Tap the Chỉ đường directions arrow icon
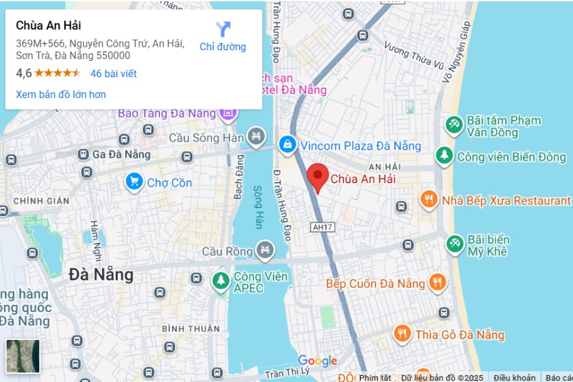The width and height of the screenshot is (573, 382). [x=223, y=29]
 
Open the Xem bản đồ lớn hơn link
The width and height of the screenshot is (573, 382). [x=61, y=94]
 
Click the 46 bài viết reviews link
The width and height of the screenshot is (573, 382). [x=113, y=73]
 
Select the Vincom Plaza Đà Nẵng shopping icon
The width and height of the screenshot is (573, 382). [x=287, y=144]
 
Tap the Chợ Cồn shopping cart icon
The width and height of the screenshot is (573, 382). [x=134, y=182]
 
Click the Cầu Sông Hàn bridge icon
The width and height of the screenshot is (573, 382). [x=256, y=137]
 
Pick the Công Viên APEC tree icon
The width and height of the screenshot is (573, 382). [x=221, y=280]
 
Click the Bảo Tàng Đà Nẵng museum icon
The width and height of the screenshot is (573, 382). [x=229, y=113]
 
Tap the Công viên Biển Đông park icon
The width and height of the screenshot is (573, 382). [x=444, y=156]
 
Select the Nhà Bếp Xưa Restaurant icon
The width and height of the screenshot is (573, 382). [x=428, y=200]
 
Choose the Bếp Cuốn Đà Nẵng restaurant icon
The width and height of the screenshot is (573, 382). [x=438, y=282]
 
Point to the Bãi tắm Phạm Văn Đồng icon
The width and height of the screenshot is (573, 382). [x=454, y=125]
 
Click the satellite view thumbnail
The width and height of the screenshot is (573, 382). [x=23, y=356]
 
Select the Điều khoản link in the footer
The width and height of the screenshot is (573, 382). [x=514, y=377]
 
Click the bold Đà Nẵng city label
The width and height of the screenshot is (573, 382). [x=101, y=275]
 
